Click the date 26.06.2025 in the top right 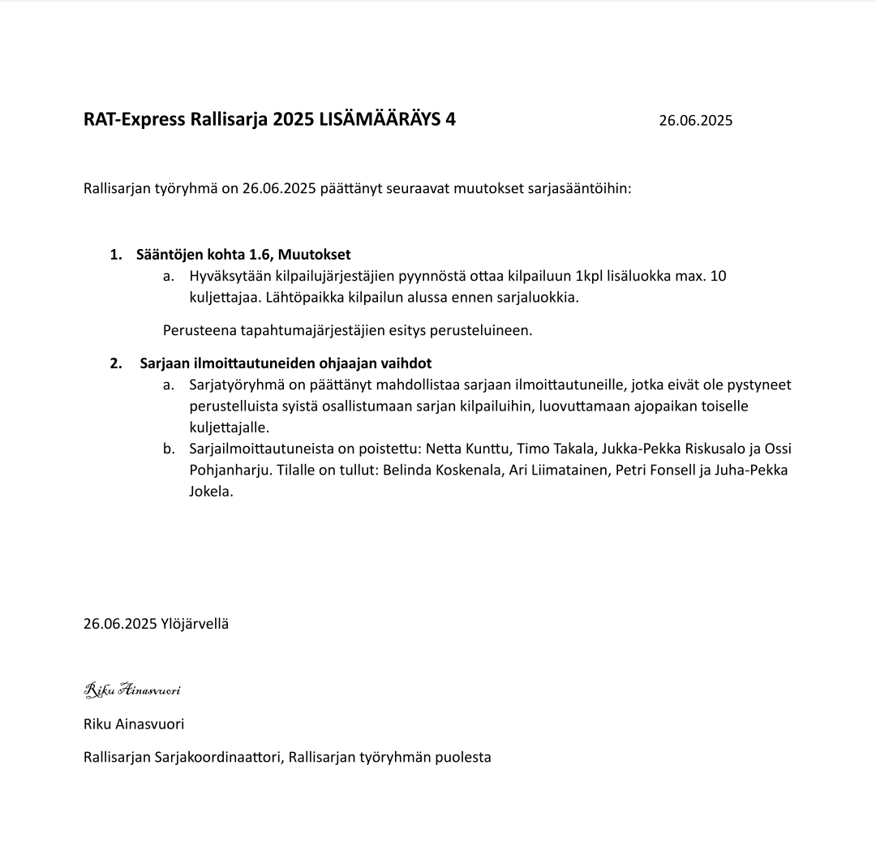coord(695,121)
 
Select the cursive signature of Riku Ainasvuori coord(132,690)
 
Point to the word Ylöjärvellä coord(195,624)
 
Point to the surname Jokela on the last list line coord(210,492)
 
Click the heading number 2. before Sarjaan coord(115,363)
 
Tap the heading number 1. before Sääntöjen coord(115,255)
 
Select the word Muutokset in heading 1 coord(319,255)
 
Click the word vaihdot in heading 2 coord(406,363)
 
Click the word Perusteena coord(200,330)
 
